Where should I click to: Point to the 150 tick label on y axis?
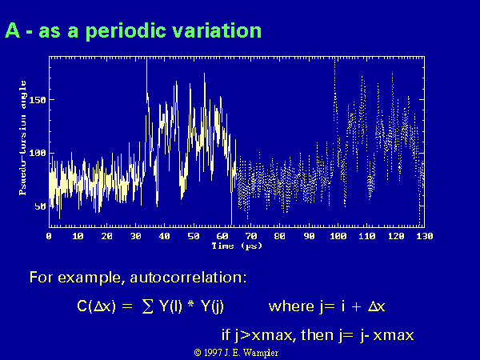[38, 100]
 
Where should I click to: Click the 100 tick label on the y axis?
[38, 153]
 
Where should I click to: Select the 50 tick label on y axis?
[40, 206]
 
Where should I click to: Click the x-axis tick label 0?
[49, 236]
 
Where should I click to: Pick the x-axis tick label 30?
[136, 236]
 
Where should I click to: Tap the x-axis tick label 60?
[222, 236]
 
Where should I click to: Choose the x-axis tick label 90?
[309, 236]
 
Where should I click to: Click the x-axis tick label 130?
[424, 236]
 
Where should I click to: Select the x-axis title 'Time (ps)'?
[237, 246]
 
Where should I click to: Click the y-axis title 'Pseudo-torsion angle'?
[22, 138]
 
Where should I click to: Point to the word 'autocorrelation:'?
[188, 278]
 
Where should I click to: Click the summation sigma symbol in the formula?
[147, 306]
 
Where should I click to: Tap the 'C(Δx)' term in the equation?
[97, 306]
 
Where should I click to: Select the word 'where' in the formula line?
[291, 306]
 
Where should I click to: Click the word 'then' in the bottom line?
[317, 335]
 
